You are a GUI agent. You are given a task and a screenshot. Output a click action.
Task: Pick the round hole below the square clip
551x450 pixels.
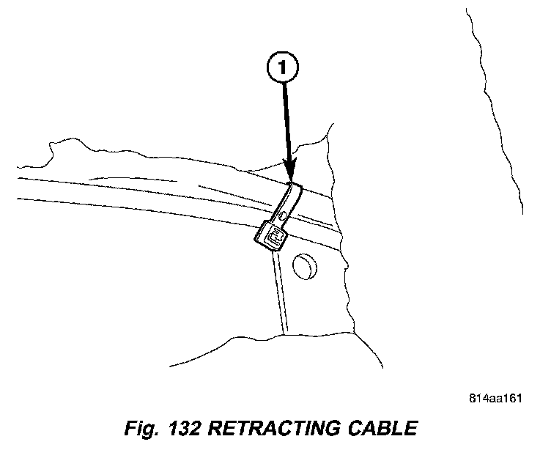[303, 266]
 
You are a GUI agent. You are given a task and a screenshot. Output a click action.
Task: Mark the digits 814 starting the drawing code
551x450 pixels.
[477, 399]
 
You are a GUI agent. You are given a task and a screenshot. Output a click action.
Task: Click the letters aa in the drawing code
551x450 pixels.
[495, 399]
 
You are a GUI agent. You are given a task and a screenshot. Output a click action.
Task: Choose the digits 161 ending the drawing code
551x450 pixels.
[512, 399]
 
